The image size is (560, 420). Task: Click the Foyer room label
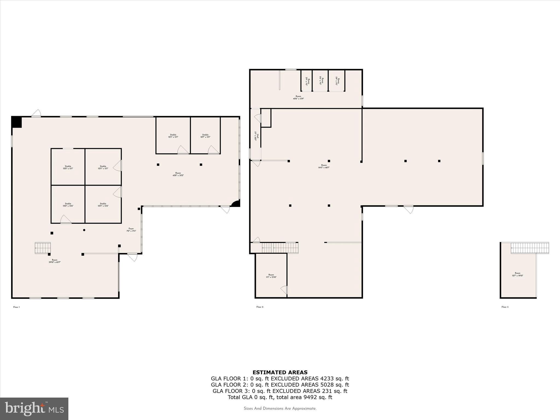coord(131,230)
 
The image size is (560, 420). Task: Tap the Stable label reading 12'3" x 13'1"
coord(173,136)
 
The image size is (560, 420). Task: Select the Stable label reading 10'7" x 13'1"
coord(205,136)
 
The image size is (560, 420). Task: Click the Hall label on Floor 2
coord(256,136)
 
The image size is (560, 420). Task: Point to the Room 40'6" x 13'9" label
coord(298,97)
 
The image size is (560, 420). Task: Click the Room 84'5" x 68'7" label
coord(324,166)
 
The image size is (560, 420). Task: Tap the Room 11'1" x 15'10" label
coord(271,276)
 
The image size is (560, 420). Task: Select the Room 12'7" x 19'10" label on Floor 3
coord(517,274)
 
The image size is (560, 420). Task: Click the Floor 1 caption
coord(17,307)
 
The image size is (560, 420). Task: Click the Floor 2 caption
coord(260,307)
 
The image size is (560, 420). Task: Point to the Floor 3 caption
coord(505,307)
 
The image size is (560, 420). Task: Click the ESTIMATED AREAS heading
coord(280,372)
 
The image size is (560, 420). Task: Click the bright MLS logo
coord(34,409)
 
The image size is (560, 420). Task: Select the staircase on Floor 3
coord(530,248)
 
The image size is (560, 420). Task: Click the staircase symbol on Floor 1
coord(43,248)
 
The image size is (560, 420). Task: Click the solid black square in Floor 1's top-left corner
coord(17,122)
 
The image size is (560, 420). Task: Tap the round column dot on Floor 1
coord(84,230)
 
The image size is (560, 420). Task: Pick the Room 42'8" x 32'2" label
coord(178,174)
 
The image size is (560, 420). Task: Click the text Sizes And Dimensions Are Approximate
coord(280,409)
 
